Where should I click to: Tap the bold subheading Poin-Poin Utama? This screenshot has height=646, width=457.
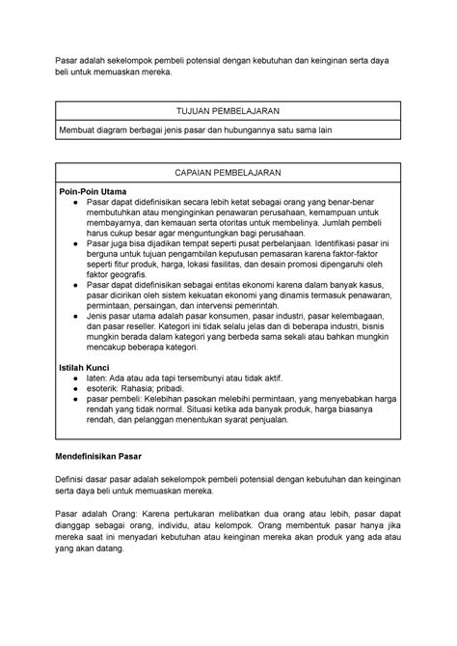click(x=94, y=191)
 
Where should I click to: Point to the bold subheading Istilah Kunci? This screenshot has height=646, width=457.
click(x=86, y=368)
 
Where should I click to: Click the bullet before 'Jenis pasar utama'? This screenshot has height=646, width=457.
click(x=76, y=317)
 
